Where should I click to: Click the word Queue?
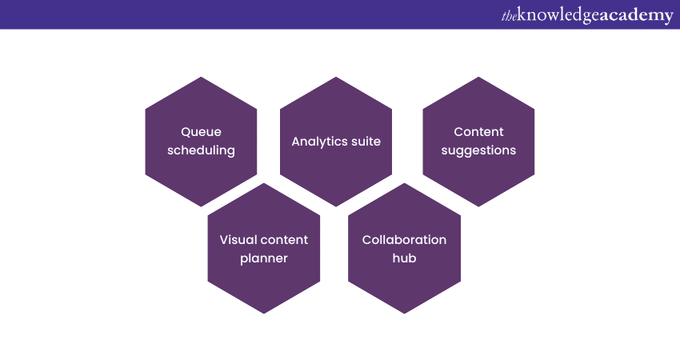[x=201, y=132]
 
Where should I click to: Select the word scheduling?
[x=202, y=150]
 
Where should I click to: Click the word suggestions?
[x=478, y=150]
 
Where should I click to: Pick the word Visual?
[x=236, y=240]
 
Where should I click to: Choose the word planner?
[x=264, y=258]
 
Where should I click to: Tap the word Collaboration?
[x=404, y=240]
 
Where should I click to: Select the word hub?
[x=404, y=258]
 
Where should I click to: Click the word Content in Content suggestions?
[x=478, y=132]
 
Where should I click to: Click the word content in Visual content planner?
[x=282, y=240]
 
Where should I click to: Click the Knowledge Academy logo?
[x=587, y=16]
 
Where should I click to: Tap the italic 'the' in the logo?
[x=509, y=17]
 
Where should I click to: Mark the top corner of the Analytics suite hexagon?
[x=336, y=77]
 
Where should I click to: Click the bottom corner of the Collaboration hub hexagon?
[x=404, y=314]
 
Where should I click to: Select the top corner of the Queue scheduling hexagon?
[x=201, y=77]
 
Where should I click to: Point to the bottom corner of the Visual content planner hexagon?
[x=264, y=314]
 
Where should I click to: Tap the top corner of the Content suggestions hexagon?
[x=478, y=77]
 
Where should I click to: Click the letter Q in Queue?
[x=186, y=132]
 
